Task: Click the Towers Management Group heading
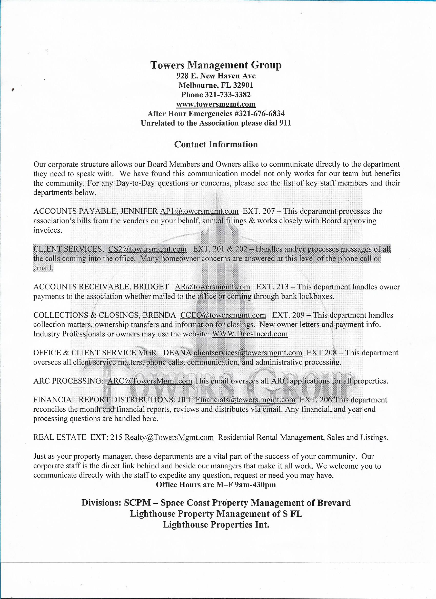[x=216, y=65]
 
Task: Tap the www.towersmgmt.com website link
[x=216, y=104]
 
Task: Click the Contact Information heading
[x=216, y=144]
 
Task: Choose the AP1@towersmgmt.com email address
[x=199, y=211]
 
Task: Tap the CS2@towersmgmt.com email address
[x=147, y=249]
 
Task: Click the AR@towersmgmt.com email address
[x=212, y=287]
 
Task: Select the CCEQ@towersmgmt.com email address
[x=223, y=315]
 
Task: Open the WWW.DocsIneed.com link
[x=250, y=334]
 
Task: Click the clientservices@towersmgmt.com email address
[x=248, y=353]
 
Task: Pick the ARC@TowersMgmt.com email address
[x=150, y=381]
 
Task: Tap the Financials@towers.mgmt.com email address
[x=245, y=400]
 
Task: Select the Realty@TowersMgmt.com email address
[x=169, y=438]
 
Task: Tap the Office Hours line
[x=216, y=485]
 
